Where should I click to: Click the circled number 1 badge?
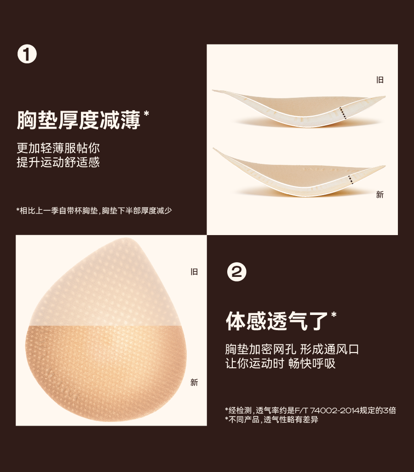pos(27,55)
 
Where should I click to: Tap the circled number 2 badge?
pos(237,272)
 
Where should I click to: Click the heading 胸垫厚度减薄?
pos(79,120)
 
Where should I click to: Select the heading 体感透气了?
pos(277,321)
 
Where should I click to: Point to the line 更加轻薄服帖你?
pos(58,148)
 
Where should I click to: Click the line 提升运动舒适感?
pos(58,162)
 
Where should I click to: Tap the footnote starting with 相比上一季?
pos(94,210)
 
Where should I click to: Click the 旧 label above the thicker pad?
pos(380,80)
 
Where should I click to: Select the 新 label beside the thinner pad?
pos(380,195)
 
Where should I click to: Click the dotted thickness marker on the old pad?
pos(343,113)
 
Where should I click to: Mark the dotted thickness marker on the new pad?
pos(350,179)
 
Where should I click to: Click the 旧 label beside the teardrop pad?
pos(194,272)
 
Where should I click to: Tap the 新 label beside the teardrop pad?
pos(194,382)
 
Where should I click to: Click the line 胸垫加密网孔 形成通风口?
pos(292,349)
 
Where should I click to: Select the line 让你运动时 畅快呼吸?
pos(281,363)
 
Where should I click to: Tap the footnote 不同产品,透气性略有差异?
pos(271,420)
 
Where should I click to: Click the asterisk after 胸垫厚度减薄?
pos(147,113)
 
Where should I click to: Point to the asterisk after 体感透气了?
pos(334,315)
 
